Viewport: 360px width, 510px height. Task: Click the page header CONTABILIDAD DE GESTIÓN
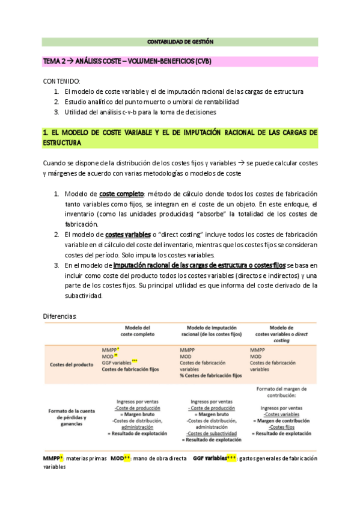(x=180, y=41)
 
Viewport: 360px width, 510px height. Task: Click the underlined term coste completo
(x=121, y=194)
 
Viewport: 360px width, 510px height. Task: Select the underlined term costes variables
(x=129, y=235)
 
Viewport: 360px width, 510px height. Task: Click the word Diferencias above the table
(x=64, y=316)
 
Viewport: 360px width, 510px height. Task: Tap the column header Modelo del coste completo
(x=137, y=330)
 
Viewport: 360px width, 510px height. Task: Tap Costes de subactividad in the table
(x=210, y=433)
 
